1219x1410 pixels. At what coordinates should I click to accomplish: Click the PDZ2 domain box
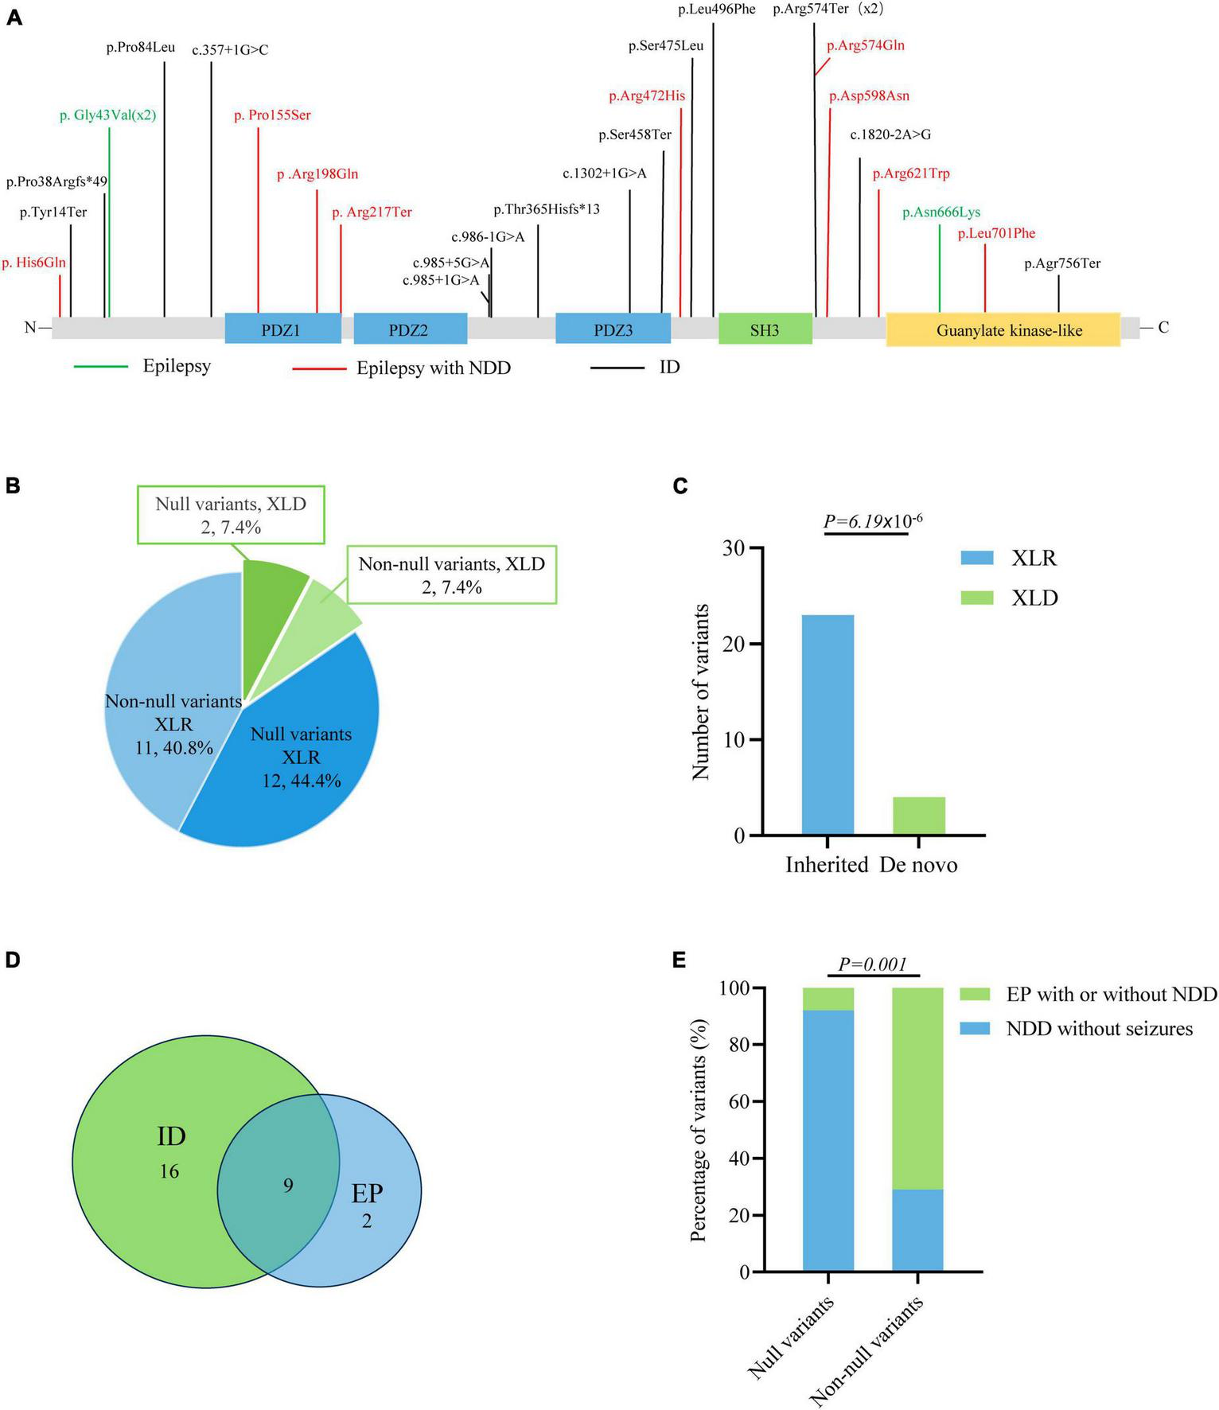410,329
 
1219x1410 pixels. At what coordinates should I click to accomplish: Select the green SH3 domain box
765,329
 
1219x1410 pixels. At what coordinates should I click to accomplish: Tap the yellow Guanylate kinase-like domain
1003,329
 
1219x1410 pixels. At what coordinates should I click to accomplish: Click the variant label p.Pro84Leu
140,48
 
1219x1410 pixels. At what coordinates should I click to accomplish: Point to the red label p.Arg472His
646,96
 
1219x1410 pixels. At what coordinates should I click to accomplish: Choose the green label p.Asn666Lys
941,212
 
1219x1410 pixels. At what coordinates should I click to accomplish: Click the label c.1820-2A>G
890,134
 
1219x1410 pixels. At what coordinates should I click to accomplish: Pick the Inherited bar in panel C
828,724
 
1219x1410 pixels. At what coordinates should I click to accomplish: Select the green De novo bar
919,816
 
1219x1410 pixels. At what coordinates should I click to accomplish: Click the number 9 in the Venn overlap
288,1186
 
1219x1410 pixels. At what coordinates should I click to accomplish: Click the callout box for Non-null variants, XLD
451,575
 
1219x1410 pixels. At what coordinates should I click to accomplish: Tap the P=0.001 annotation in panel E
873,964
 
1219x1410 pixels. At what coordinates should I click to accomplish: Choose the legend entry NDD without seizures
1099,1029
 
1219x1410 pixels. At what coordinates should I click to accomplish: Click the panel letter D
14,960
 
